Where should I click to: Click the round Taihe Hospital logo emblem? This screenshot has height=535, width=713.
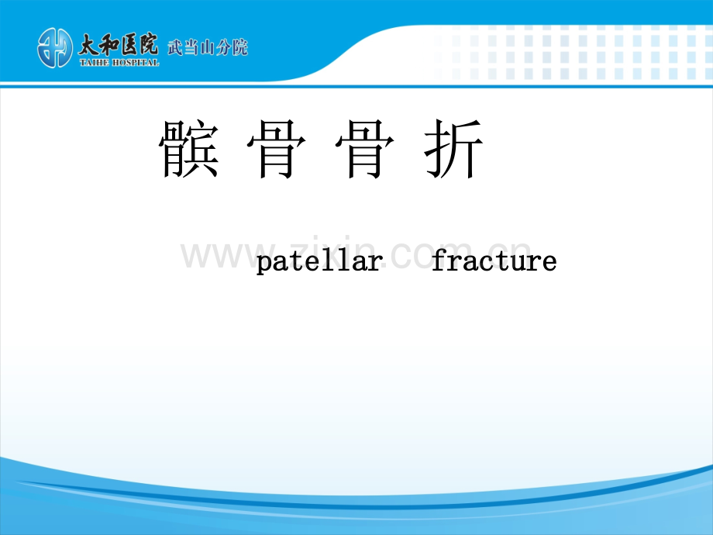pyautogui.click(x=54, y=48)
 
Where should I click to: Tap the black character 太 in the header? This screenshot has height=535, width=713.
pyautogui.click(x=88, y=46)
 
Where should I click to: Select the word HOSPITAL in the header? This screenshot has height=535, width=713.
pyautogui.click(x=136, y=63)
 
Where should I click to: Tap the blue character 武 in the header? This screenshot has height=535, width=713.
pyautogui.click(x=175, y=47)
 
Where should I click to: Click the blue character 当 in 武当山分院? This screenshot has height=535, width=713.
pyautogui.click(x=191, y=47)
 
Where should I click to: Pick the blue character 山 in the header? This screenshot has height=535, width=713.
pyautogui.click(x=208, y=47)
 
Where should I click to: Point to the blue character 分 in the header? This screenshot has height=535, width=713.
pyautogui.click(x=224, y=47)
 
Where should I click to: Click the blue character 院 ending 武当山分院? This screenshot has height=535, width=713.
pyautogui.click(x=240, y=47)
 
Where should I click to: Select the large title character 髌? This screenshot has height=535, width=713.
pyautogui.click(x=189, y=149)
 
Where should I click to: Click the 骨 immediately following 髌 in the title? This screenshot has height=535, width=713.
pyautogui.click(x=277, y=149)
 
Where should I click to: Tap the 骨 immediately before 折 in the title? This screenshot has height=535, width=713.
pyautogui.click(x=365, y=149)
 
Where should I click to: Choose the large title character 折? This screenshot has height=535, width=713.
pyautogui.click(x=453, y=149)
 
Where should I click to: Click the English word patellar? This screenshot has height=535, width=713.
pyautogui.click(x=319, y=261)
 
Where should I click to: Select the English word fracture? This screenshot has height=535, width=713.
pyautogui.click(x=494, y=261)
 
